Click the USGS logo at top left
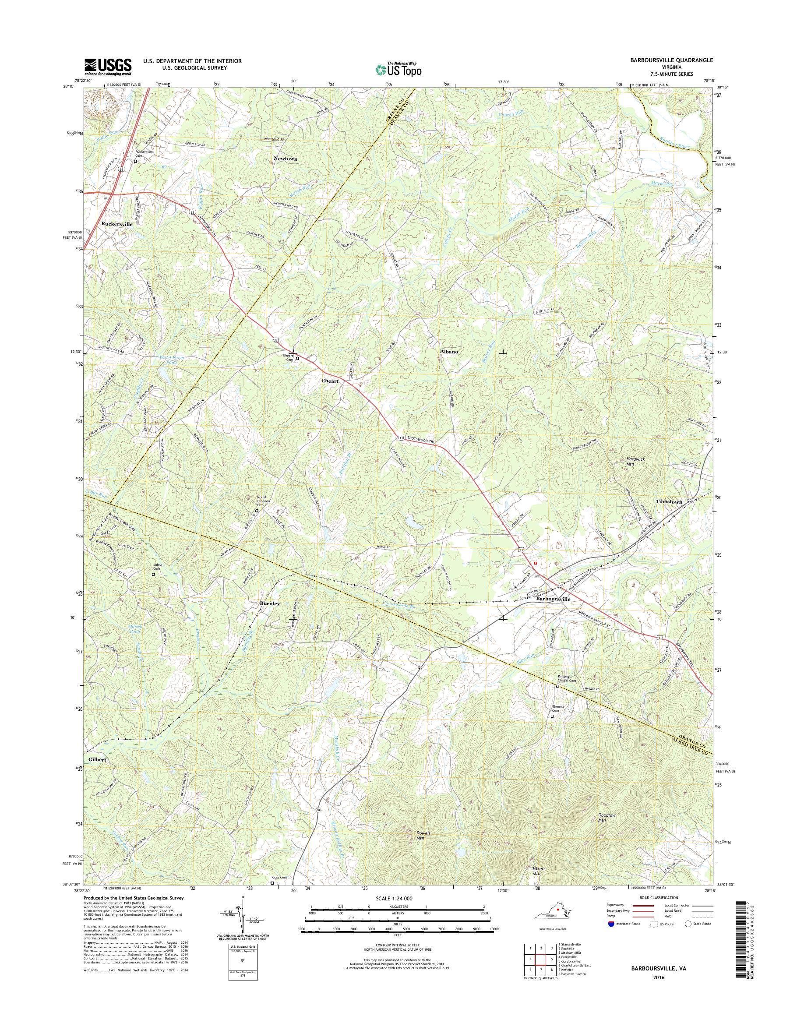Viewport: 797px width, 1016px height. coord(108,67)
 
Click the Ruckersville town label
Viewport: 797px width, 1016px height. coord(116,224)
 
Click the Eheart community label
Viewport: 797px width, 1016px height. coord(329,381)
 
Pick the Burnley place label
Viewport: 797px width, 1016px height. coord(270,603)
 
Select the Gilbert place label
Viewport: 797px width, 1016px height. coord(95,760)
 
